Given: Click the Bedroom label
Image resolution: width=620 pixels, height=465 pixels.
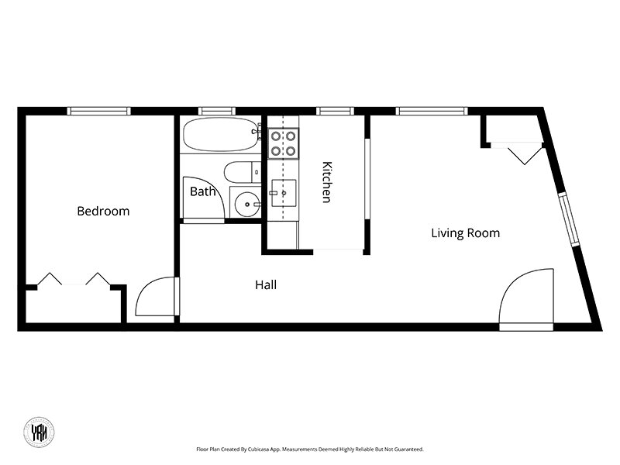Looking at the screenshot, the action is tap(103, 211).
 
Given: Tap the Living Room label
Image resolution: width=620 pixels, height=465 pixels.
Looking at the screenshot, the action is tap(466, 233).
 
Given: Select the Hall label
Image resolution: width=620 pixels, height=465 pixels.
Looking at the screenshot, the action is tap(266, 284).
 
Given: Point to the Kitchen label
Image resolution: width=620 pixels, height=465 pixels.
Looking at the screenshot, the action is tap(326, 182).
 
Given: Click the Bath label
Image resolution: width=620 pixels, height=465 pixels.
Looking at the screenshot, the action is tap(203, 191).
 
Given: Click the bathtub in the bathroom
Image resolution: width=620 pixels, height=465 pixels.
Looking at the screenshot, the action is tap(221, 134).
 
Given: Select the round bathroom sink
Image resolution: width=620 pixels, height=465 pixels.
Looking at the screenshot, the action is tap(246, 204).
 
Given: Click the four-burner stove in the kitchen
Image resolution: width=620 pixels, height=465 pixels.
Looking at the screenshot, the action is tap(283, 143).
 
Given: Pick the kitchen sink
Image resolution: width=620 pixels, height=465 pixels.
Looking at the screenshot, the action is tap(284, 193).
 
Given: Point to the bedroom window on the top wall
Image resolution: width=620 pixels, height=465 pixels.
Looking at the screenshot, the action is tap(99, 111).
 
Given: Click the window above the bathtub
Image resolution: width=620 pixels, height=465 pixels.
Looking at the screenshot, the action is tap(217, 111).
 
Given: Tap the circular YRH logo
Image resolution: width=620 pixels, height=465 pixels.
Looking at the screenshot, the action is tap(39, 432).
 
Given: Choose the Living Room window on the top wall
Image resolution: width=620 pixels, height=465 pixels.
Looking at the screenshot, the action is tap(432, 111).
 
